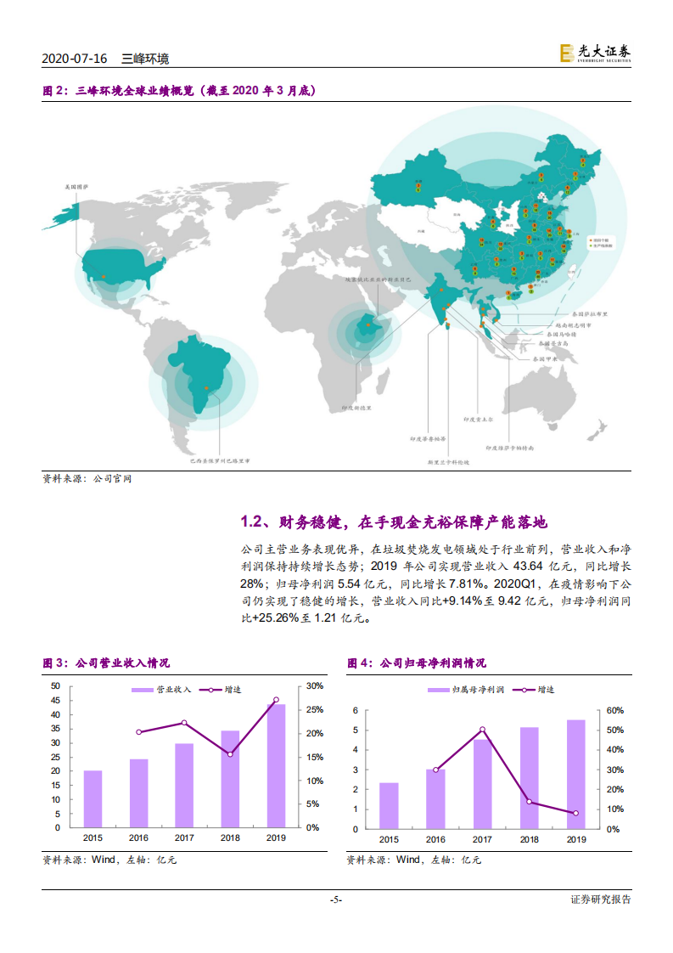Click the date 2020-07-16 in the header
tap(74, 59)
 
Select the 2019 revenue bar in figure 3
tap(276, 765)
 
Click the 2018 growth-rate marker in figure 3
tap(230, 753)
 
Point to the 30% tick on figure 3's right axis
tap(314, 685)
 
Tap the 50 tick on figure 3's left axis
tap(56, 685)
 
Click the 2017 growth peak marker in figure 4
tap(482, 730)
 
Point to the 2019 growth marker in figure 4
tap(575, 813)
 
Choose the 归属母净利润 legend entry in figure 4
tap(466, 691)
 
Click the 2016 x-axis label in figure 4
tap(435, 839)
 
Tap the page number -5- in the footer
tap(336, 900)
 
